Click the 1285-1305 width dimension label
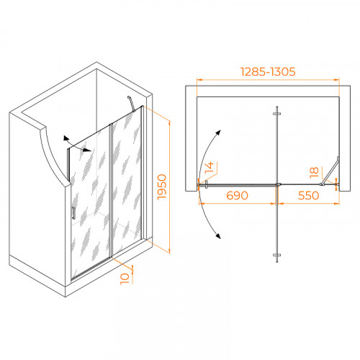(268, 72)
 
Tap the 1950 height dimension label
(162, 186)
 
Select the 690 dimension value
(237, 196)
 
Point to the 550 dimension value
(308, 196)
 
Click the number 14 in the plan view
(209, 168)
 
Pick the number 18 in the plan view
(314, 173)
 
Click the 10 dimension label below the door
(125, 279)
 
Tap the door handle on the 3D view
(73, 213)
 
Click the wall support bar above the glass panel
(131, 104)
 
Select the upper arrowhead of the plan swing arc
(218, 132)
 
